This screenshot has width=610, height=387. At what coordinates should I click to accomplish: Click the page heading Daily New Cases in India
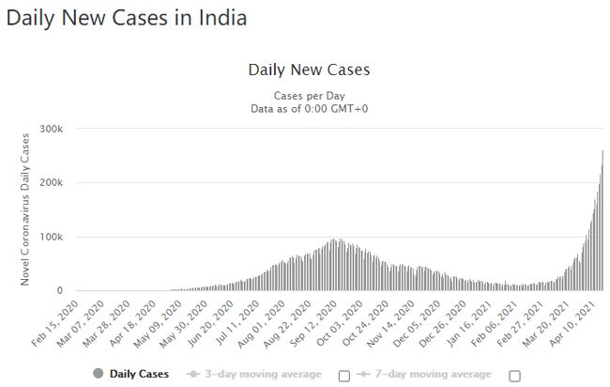(127, 19)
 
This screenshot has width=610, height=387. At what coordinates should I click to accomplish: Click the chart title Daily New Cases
(309, 70)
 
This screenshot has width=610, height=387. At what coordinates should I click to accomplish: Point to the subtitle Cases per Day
(309, 96)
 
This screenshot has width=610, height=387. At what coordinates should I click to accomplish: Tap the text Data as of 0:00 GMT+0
(309, 109)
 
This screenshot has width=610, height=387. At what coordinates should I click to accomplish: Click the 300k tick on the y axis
(50, 128)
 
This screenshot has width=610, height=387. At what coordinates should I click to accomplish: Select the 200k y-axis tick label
(50, 182)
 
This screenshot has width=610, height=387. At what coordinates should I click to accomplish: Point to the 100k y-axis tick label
(50, 237)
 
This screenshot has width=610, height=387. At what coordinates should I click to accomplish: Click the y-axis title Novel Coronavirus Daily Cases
(26, 209)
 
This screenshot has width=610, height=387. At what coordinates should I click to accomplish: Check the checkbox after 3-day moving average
(343, 376)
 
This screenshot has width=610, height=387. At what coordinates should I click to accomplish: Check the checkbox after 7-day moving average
(514, 376)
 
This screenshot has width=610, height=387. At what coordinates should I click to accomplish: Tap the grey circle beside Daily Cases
(98, 375)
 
